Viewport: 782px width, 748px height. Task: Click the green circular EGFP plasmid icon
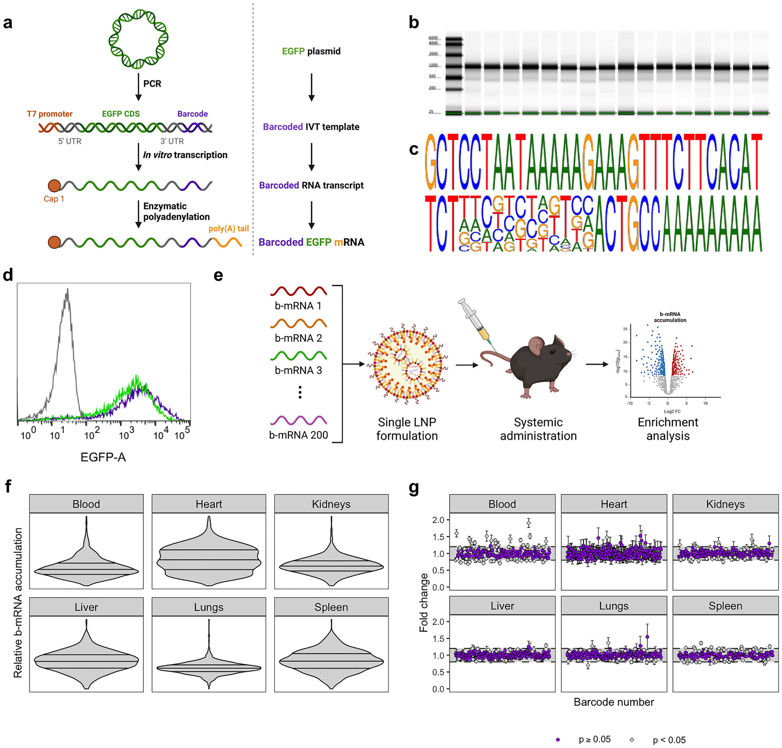click(x=138, y=39)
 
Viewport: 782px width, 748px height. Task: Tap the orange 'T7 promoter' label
click(x=50, y=114)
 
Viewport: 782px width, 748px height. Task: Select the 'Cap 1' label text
click(x=54, y=199)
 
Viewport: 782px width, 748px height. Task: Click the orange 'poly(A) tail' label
click(x=228, y=228)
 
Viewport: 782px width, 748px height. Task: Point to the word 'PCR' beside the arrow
click(x=152, y=84)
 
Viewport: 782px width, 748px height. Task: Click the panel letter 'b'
click(x=414, y=23)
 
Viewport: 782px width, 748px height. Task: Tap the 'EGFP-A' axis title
click(x=103, y=457)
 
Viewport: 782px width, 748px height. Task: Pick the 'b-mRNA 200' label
click(x=298, y=435)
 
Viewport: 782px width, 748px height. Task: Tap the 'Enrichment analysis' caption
click(x=668, y=429)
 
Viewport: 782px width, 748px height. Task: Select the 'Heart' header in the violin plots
click(x=209, y=504)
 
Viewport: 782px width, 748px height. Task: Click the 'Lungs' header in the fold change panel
click(x=614, y=606)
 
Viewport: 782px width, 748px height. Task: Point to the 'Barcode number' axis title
click(x=614, y=702)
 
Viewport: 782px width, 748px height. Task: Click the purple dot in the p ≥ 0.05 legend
click(x=558, y=740)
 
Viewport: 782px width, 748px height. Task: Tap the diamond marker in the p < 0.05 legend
click(x=632, y=740)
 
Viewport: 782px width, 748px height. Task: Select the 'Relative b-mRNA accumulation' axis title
click(x=18, y=602)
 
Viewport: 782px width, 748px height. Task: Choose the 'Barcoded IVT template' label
click(x=311, y=127)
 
